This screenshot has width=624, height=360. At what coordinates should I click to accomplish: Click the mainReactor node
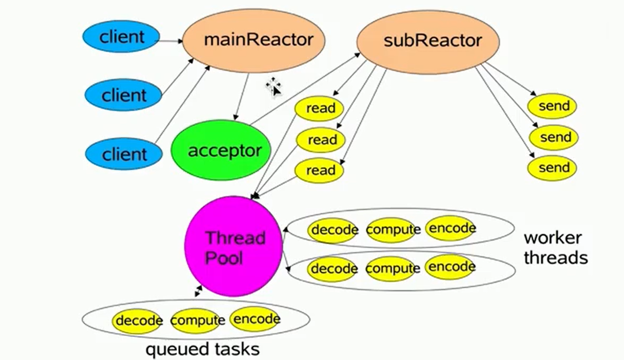pos(253,41)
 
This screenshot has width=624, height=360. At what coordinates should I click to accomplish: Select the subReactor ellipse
pos(428,42)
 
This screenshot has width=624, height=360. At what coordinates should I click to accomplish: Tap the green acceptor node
pos(221,150)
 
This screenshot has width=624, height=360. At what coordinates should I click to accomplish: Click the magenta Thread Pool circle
pos(233,246)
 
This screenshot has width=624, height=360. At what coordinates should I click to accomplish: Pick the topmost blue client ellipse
pos(121,36)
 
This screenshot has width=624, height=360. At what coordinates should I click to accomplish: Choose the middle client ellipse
pos(123,95)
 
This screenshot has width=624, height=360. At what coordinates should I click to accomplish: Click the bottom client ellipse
pos(124,154)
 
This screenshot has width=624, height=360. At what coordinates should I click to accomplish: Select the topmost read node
pos(319,109)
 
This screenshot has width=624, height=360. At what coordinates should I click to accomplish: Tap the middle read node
pos(320,140)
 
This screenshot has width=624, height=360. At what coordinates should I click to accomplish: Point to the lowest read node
pos(319,171)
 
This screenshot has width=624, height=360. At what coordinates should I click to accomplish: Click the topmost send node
pos(552,106)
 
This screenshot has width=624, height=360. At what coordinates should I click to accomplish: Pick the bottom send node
pos(552,168)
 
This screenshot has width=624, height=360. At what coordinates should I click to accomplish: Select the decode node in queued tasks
pos(137,321)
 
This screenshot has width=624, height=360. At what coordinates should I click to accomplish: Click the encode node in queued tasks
pos(255,319)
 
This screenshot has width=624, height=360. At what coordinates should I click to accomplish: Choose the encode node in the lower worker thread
pos(451,267)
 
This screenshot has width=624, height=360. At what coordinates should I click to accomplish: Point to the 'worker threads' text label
pos(556,247)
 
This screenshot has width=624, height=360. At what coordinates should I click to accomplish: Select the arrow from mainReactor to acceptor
pos(242,97)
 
